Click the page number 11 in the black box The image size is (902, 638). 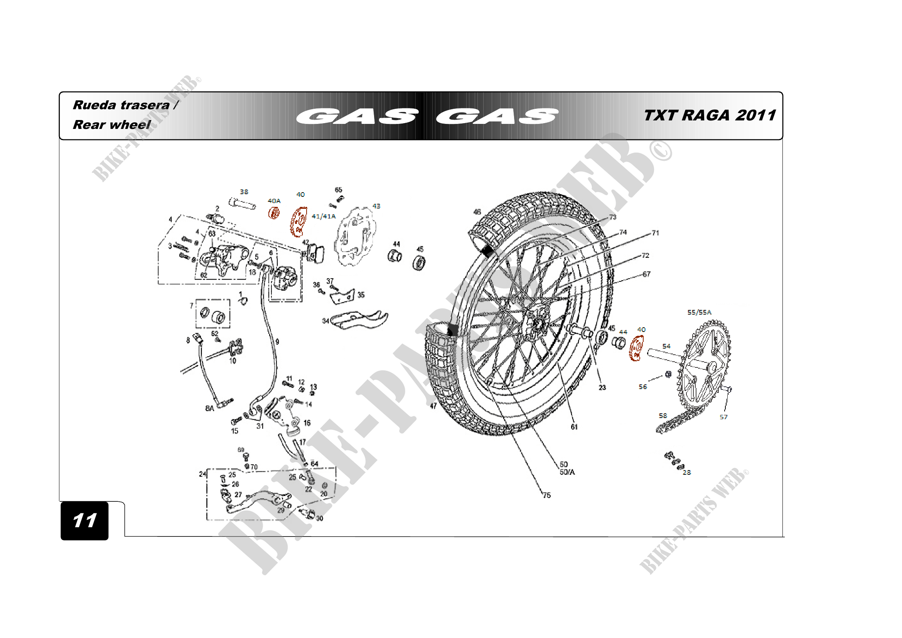[x=84, y=520]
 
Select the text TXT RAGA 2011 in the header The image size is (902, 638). [x=710, y=115]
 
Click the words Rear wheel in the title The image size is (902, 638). [x=111, y=125]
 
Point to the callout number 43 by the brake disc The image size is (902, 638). [x=376, y=206]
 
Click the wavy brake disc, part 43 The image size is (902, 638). [x=354, y=237]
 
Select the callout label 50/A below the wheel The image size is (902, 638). [x=567, y=472]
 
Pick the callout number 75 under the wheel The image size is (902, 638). [x=546, y=495]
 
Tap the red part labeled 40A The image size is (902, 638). [x=274, y=213]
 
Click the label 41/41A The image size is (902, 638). [x=323, y=216]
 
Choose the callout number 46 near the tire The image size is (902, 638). [x=477, y=212]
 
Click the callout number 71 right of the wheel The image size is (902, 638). [x=655, y=233]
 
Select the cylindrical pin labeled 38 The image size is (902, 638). [x=243, y=204]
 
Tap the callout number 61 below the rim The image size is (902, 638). [x=574, y=427]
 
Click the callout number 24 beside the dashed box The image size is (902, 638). [x=202, y=474]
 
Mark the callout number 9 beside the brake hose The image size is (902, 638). [x=277, y=342]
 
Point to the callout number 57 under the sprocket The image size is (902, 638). [x=723, y=417]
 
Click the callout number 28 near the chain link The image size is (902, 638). [x=686, y=472]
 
